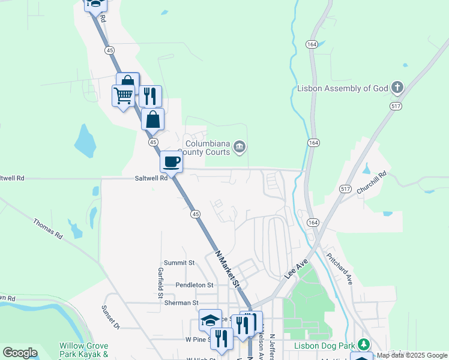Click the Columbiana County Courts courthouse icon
[239, 146]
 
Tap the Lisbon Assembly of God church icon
[397, 88]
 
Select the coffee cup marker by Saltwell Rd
[171, 161]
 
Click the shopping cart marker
[123, 95]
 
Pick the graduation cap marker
[211, 320]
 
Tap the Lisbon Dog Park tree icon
[363, 344]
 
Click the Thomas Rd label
[47, 228]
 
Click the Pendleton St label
[194, 284]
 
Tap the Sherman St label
[181, 303]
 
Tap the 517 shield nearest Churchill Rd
[345, 188]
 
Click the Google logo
[20, 353]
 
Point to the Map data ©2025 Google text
[411, 355]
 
